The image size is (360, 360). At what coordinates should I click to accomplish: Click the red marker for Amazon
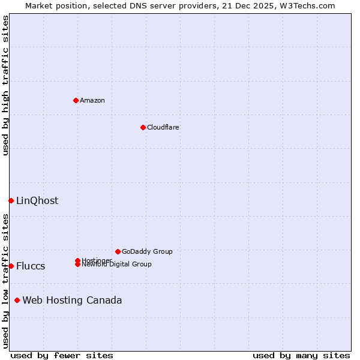(x=76, y=100)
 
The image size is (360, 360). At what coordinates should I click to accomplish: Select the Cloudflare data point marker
(x=143, y=127)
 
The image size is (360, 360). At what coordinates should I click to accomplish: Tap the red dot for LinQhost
(x=11, y=200)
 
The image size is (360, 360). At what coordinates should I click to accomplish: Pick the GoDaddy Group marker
(x=118, y=251)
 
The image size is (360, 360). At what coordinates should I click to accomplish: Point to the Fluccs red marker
(x=11, y=266)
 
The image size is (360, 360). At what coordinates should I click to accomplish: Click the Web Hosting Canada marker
(x=17, y=300)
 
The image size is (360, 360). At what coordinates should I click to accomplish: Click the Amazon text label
(x=92, y=100)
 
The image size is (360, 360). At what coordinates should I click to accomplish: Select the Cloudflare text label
(x=163, y=127)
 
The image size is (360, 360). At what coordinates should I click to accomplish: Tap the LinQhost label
(x=37, y=200)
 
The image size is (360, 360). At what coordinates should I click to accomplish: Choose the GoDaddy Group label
(x=147, y=251)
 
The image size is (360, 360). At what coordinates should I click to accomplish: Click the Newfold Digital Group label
(x=117, y=264)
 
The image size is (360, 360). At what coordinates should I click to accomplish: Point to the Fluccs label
(x=31, y=266)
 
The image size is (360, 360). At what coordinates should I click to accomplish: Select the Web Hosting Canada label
(x=72, y=300)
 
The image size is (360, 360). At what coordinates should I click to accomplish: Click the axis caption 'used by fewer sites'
(x=62, y=355)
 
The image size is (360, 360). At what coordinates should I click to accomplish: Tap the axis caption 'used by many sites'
(x=301, y=355)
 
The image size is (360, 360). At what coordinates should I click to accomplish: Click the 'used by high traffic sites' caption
(x=5, y=85)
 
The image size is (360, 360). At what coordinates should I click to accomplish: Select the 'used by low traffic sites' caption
(x=5, y=280)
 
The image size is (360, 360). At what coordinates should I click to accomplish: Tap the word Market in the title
(x=39, y=5)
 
